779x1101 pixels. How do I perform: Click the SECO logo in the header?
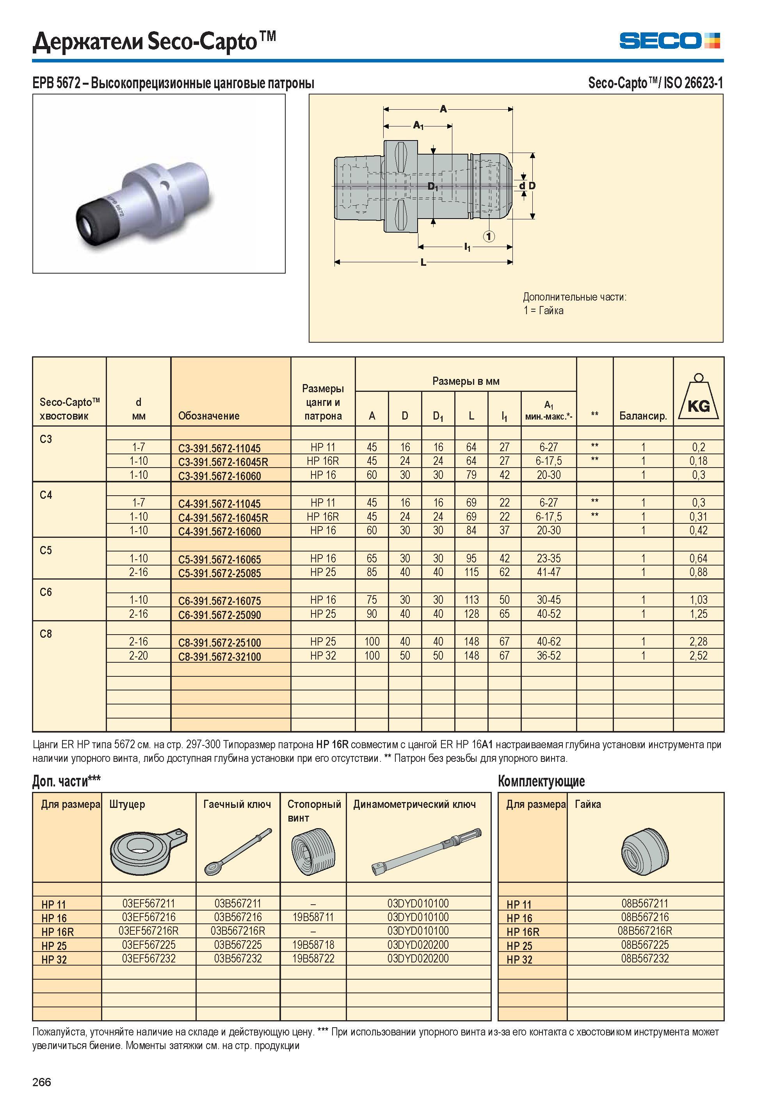pos(669,41)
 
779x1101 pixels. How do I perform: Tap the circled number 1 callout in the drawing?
pos(489,236)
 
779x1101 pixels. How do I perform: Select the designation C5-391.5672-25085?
pos(220,573)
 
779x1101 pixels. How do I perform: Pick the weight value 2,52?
pos(699,655)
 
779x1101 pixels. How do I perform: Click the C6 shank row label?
pos(46,592)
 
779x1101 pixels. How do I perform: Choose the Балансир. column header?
pos(643,416)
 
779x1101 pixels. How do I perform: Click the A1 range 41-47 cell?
pos(549,572)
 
